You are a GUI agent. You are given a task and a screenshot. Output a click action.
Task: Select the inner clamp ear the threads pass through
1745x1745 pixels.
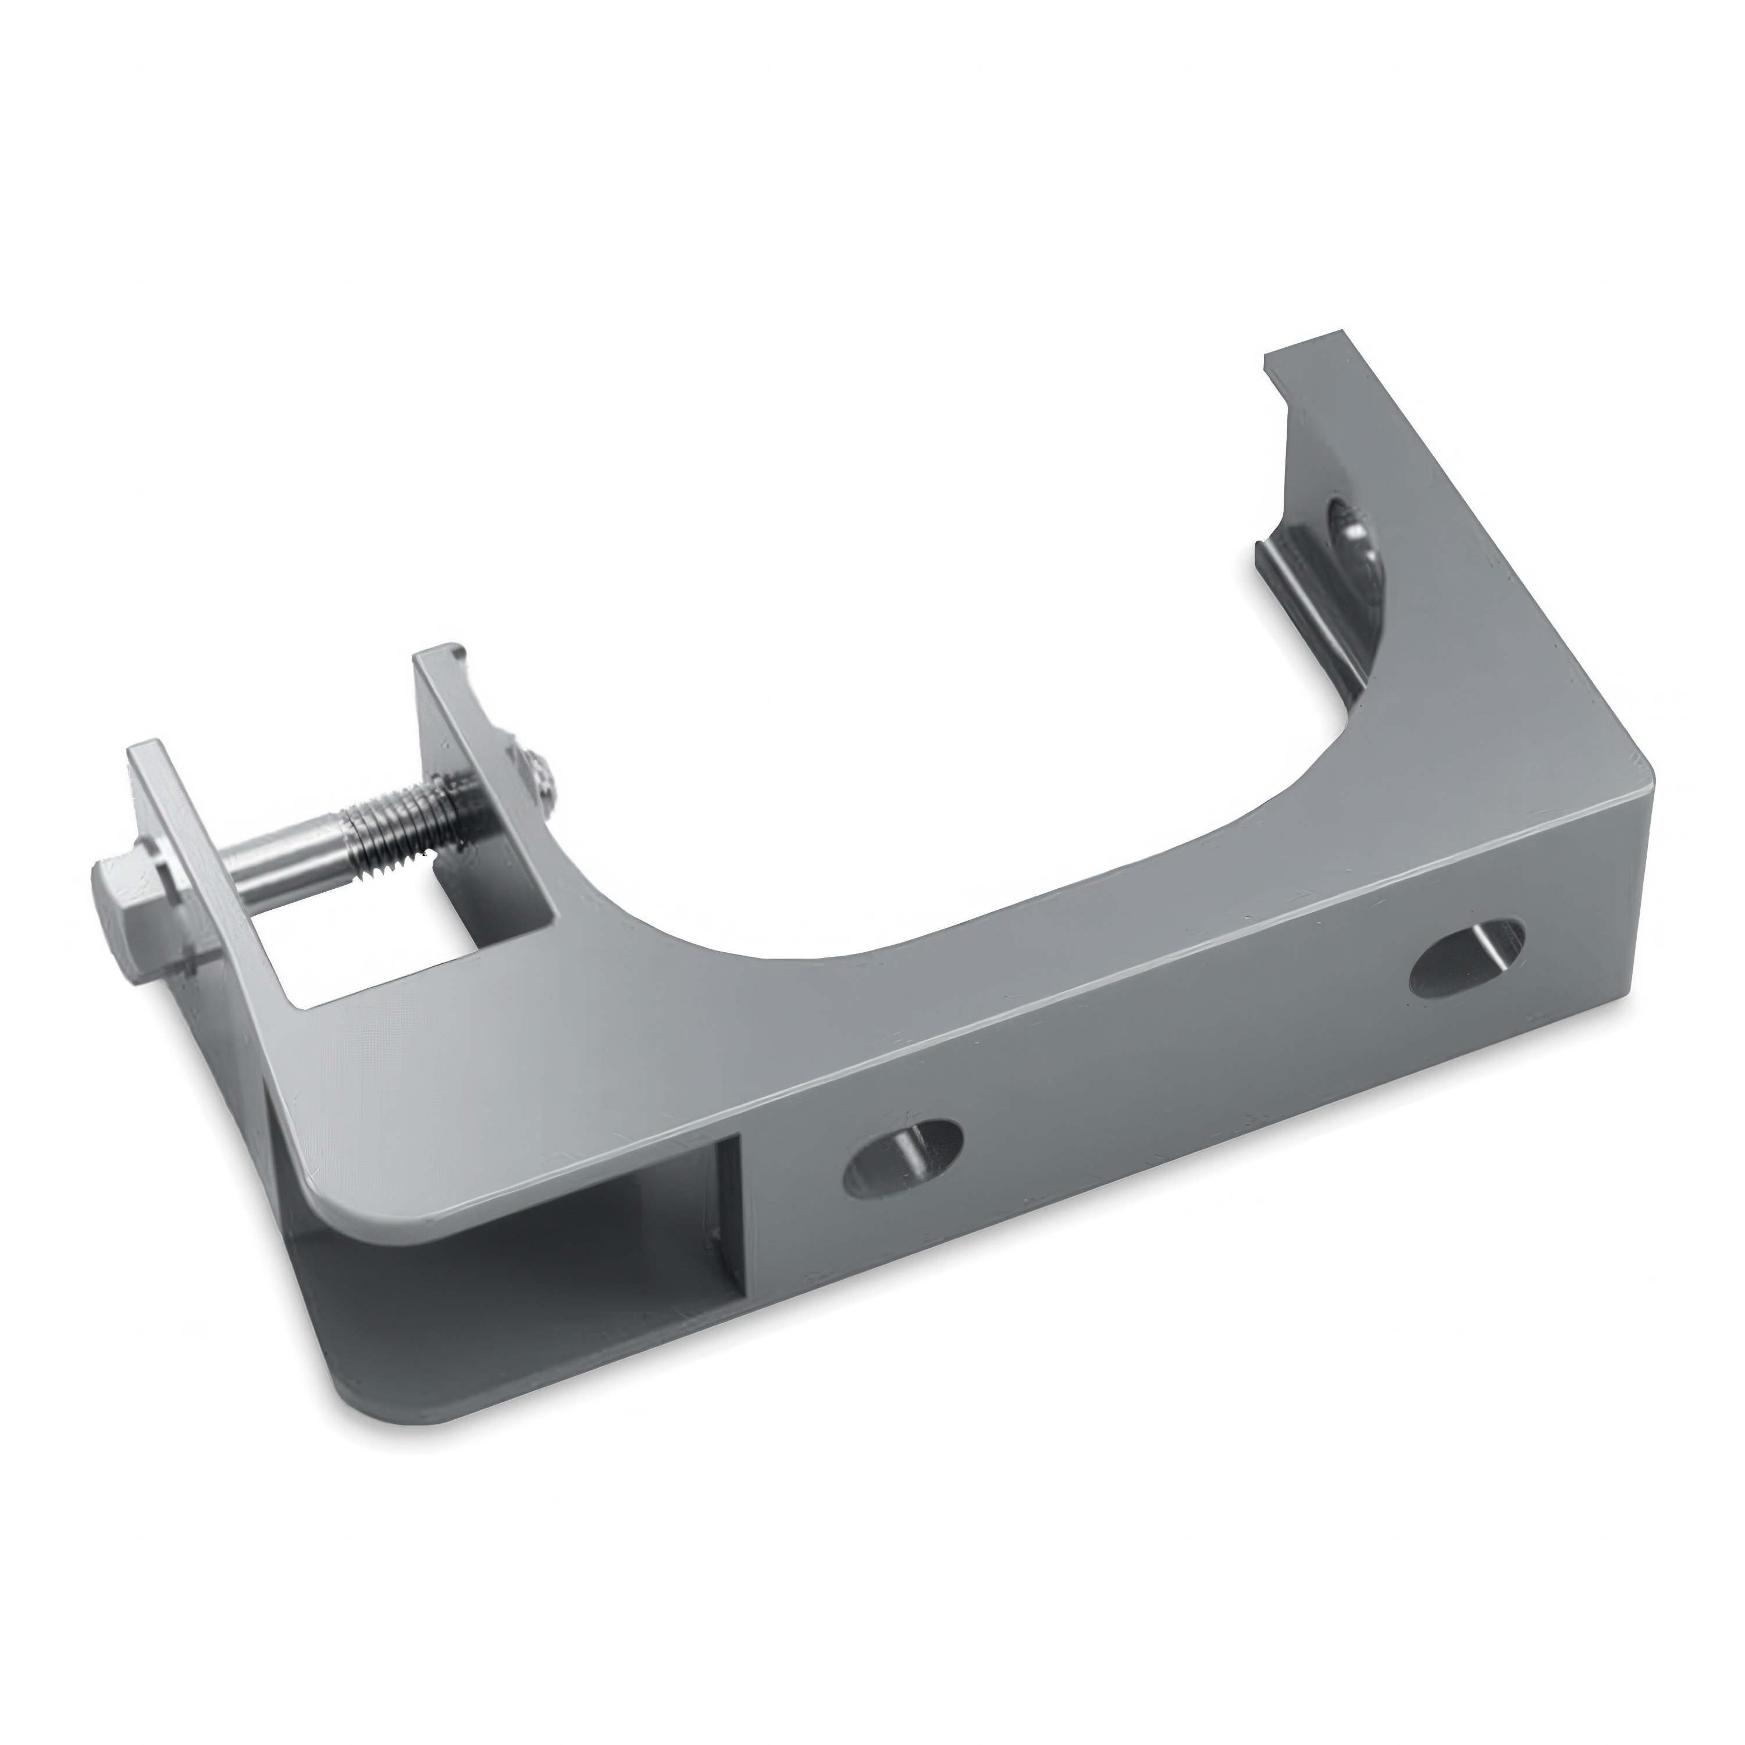469,722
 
